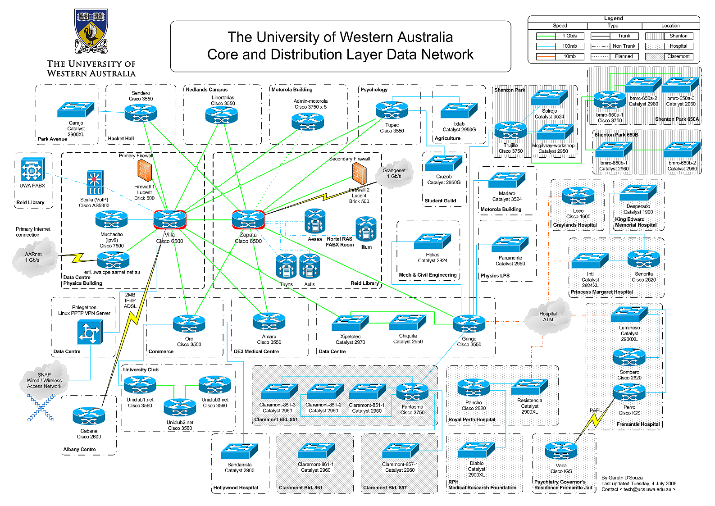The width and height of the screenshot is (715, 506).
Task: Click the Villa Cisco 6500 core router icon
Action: pyautogui.click(x=169, y=219)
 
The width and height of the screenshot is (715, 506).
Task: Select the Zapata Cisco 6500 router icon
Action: pyautogui.click(x=248, y=219)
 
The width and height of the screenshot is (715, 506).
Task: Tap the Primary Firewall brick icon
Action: pyautogui.click(x=145, y=170)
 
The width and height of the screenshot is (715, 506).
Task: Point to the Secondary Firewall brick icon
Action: pyautogui.click(x=360, y=173)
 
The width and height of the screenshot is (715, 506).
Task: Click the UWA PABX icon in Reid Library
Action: pyautogui.click(x=32, y=169)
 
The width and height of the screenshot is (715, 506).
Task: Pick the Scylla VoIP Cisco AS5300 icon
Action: pyautogui.click(x=95, y=182)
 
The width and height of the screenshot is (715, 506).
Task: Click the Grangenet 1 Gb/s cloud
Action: pyautogui.click(x=395, y=173)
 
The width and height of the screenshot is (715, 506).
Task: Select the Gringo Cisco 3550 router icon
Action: pyautogui.click(x=469, y=324)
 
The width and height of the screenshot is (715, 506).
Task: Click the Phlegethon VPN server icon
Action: pyautogui.click(x=90, y=332)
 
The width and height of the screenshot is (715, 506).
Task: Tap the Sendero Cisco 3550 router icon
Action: pyautogui.click(x=141, y=113)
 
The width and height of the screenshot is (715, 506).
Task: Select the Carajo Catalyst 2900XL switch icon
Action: pyautogui.click(x=76, y=109)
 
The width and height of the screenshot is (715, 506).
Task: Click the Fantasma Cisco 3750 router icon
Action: pyautogui.click(x=412, y=392)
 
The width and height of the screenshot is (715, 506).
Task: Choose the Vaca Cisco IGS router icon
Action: pyautogui.click(x=561, y=451)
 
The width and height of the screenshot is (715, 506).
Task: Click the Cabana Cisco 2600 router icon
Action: pyautogui.click(x=89, y=416)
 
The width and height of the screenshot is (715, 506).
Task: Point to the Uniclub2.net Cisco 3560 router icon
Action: pyautogui.click(x=180, y=407)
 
